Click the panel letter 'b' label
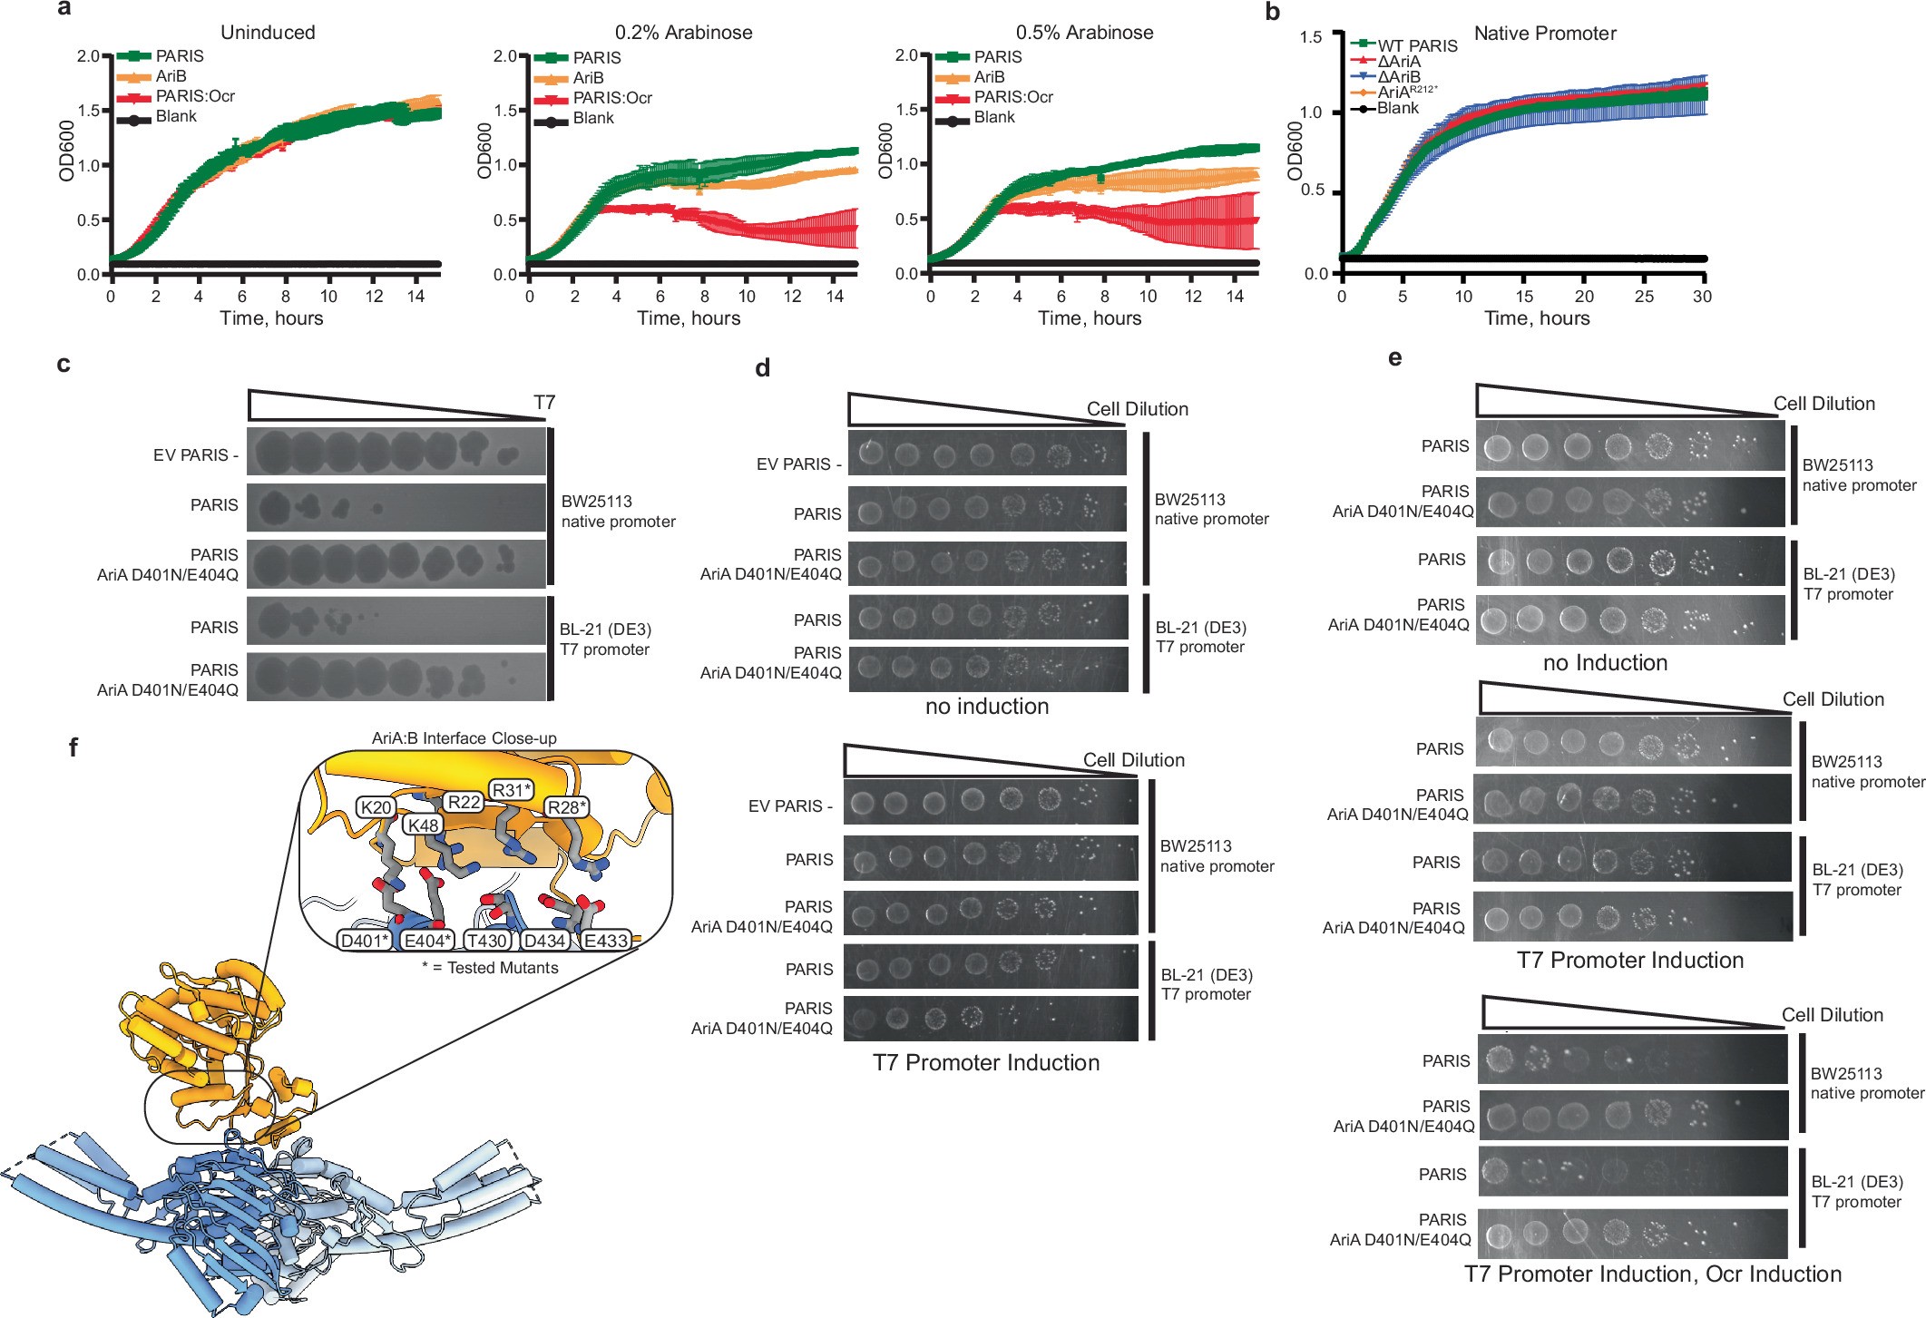[x=1272, y=13]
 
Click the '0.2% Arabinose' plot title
[x=683, y=33]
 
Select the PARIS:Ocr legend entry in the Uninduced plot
[x=194, y=96]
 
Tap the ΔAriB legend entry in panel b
[x=1399, y=77]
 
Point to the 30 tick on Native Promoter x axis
[x=1702, y=297]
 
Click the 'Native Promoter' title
[x=1544, y=34]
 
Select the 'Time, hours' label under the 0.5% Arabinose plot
[x=1089, y=318]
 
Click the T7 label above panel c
[x=544, y=403]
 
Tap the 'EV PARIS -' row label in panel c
[x=195, y=455]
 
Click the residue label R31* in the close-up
[x=511, y=790]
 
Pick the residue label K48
[x=423, y=825]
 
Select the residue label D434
[x=544, y=941]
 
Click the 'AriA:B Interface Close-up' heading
[x=464, y=738]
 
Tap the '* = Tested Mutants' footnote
[x=490, y=968]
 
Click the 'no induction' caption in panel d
[x=986, y=707]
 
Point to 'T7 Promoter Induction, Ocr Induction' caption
[x=1652, y=1274]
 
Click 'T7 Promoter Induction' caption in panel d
[x=985, y=1063]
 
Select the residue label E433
[x=605, y=941]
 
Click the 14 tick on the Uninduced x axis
[x=416, y=297]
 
